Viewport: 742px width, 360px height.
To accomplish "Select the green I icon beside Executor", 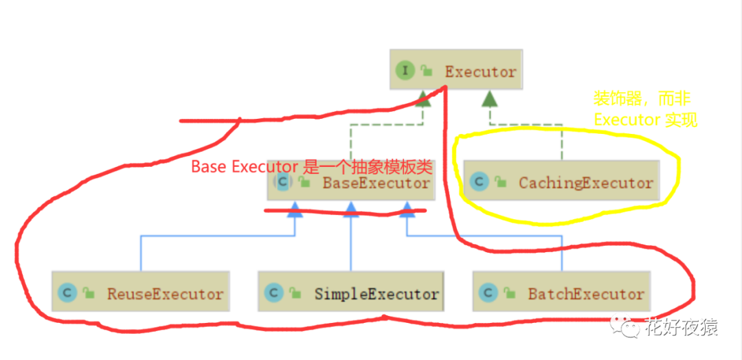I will (x=405, y=70).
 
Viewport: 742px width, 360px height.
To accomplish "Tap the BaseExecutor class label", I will (x=376, y=183).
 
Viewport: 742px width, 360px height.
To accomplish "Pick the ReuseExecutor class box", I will (x=140, y=293).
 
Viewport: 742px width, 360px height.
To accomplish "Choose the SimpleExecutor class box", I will (x=350, y=293).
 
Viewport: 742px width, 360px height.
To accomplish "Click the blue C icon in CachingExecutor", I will (x=479, y=182).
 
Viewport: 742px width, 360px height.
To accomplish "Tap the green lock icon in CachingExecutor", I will (x=500, y=183).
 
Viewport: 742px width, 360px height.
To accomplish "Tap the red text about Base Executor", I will (x=311, y=167).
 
